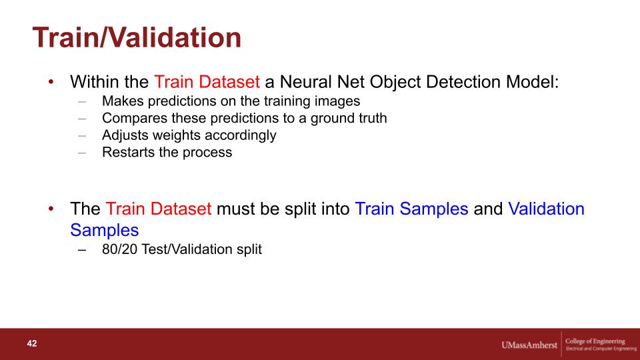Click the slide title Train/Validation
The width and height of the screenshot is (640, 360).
[137, 37]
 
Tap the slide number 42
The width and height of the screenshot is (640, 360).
[32, 343]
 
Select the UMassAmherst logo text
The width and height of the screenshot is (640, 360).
[529, 345]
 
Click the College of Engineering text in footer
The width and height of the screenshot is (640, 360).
[595, 341]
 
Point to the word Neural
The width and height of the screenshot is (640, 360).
[305, 81]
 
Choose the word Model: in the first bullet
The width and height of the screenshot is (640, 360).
[532, 81]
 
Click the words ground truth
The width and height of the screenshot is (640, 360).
[349, 118]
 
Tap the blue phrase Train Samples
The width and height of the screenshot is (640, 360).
[411, 209]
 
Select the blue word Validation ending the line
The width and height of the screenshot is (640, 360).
[546, 209]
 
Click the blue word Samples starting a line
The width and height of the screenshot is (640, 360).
[105, 230]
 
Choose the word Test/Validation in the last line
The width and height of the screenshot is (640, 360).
[187, 249]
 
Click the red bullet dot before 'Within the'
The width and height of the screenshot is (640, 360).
[51, 81]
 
